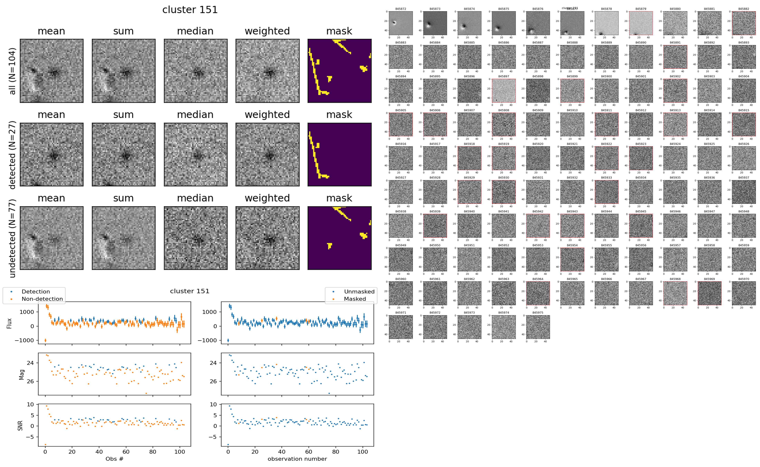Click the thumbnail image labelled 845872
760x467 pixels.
(401, 23)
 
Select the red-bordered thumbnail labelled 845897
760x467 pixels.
(503, 90)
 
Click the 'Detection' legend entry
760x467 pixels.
(36, 292)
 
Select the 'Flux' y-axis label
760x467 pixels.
(9, 323)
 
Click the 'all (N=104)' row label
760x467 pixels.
(12, 71)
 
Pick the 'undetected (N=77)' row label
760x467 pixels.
(12, 238)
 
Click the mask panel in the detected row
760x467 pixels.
(339, 154)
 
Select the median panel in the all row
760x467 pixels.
(196, 71)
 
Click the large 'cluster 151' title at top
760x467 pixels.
(190, 10)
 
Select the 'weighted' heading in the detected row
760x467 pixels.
(267, 115)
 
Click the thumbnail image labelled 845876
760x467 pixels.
(538, 23)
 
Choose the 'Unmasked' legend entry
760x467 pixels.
(359, 292)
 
